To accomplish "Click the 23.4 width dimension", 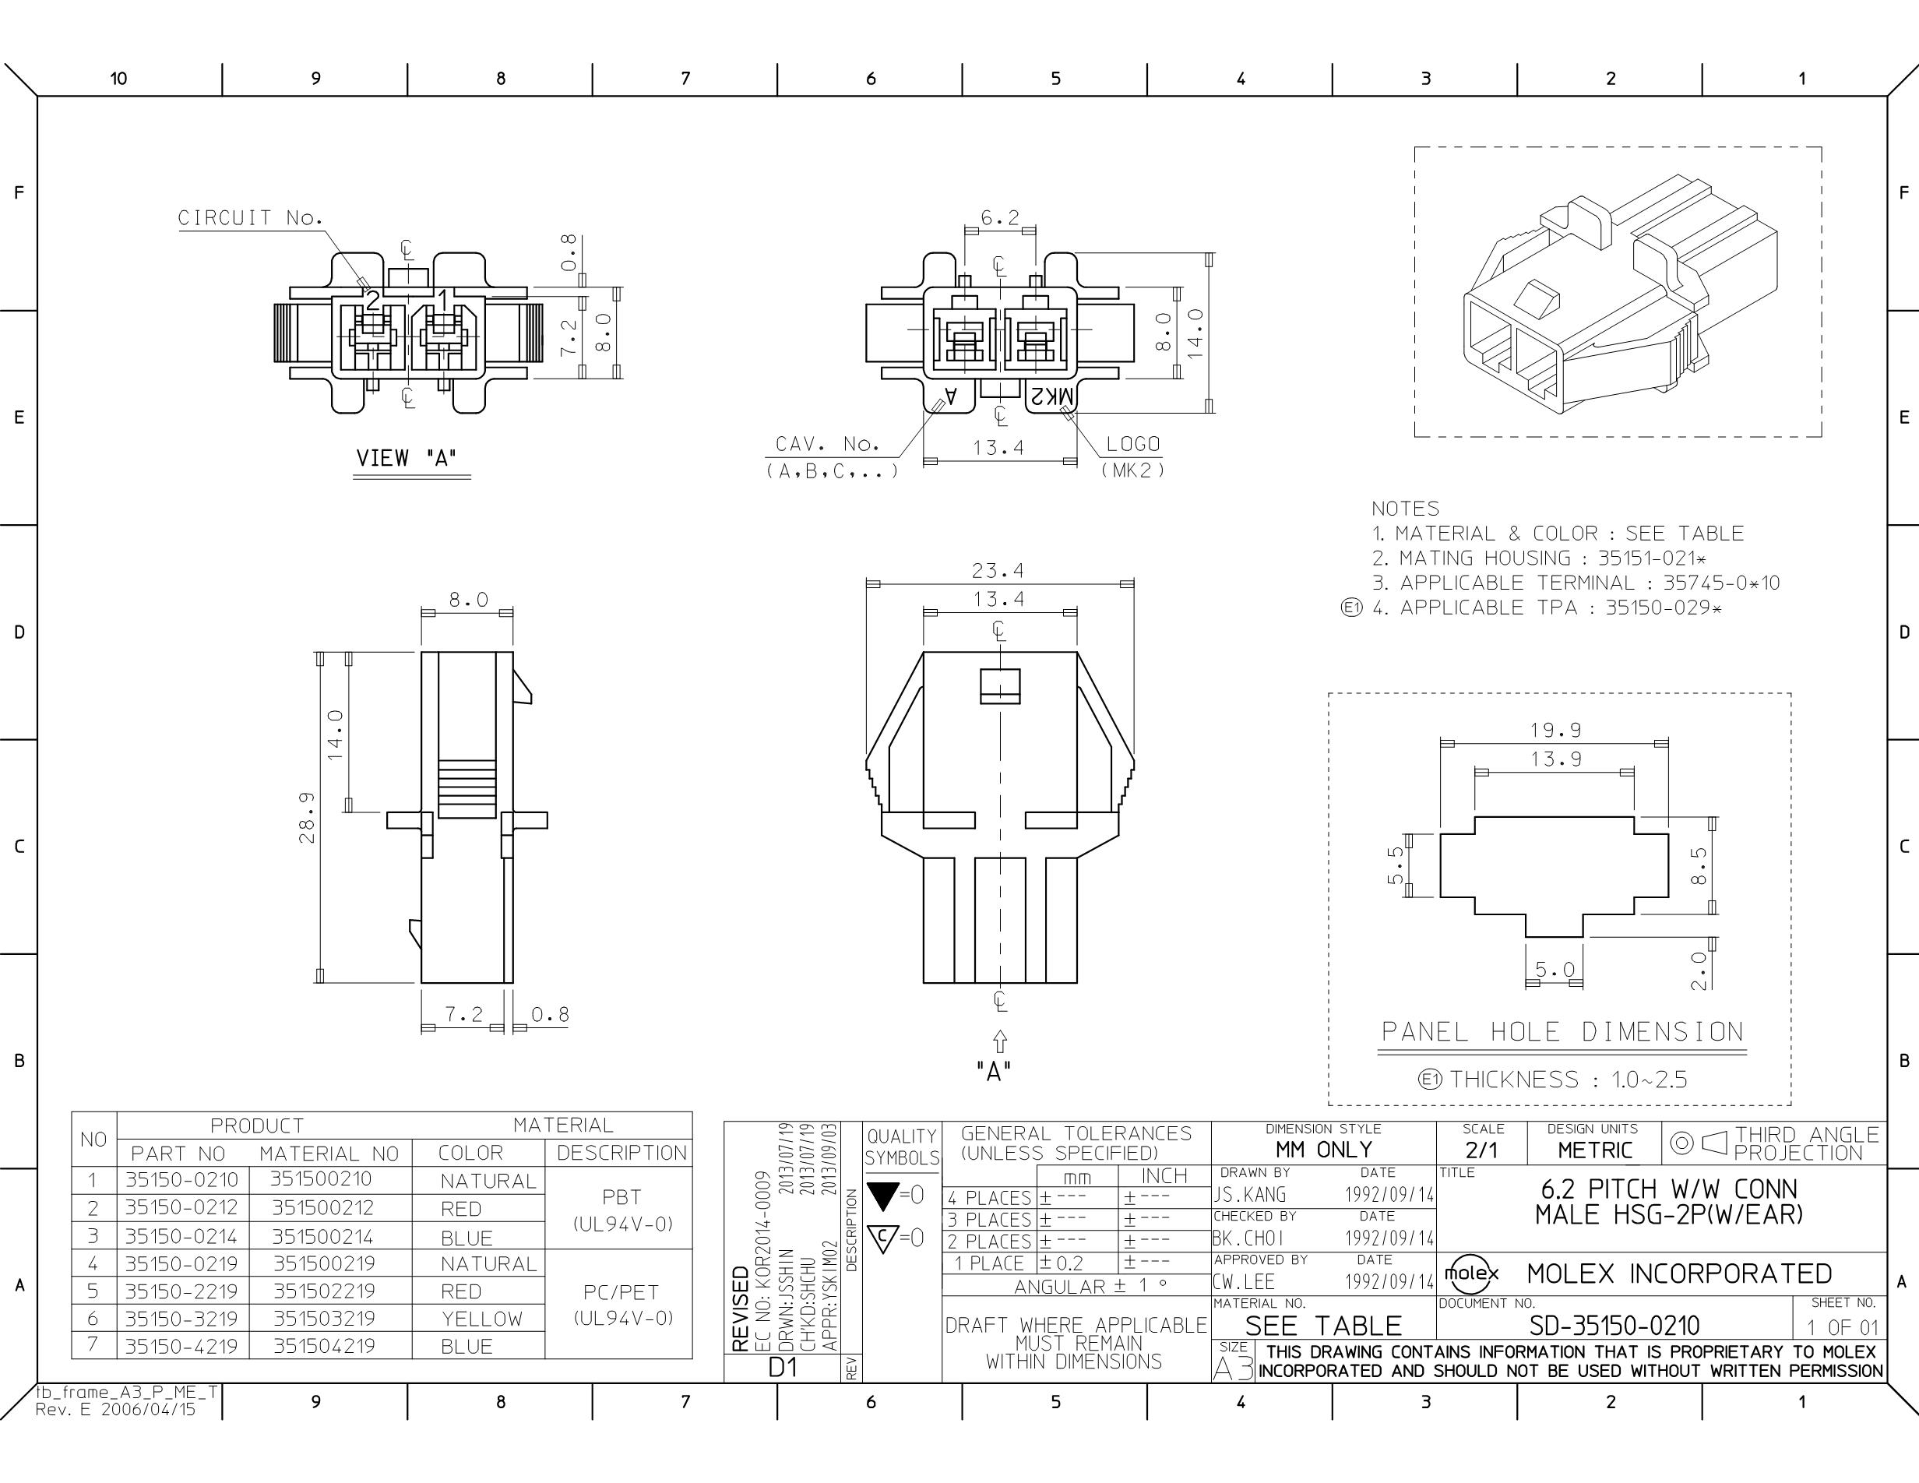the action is [x=998, y=571].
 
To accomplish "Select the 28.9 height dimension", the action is [x=307, y=817].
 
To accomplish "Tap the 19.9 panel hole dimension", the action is [x=1555, y=730].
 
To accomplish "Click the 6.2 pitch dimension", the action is [x=1000, y=218].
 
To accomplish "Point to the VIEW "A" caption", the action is [x=407, y=458].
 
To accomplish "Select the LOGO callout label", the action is [x=1132, y=445].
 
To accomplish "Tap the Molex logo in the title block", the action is [x=1472, y=1273].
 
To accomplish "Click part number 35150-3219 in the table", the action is [x=181, y=1319].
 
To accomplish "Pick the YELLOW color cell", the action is [x=481, y=1319].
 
